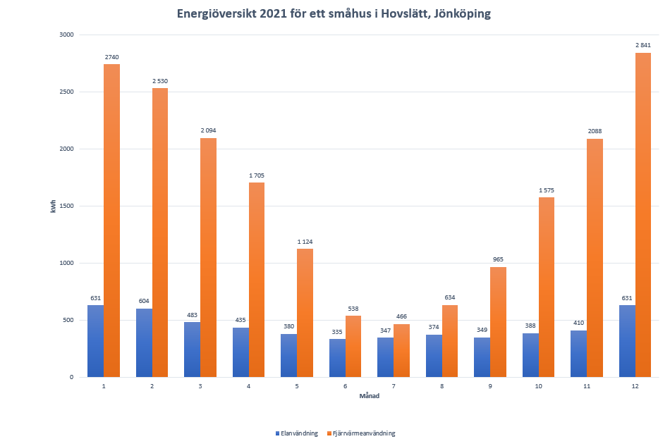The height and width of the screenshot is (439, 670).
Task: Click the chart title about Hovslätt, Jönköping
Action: pos(334,13)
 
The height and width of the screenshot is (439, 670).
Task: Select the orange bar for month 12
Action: pos(643,215)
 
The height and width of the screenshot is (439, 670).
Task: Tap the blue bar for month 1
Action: pos(95,341)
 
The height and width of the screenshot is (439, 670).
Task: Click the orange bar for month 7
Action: pos(401,350)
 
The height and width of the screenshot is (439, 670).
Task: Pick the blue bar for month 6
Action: pos(337,358)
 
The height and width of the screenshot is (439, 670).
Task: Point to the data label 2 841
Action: pos(643,45)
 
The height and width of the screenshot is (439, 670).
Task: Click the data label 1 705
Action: pos(256,175)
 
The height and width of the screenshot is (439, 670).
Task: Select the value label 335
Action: pos(337,331)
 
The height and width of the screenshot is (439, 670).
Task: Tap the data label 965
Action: pos(498,259)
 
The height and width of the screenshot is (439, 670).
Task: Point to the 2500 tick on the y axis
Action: pos(66,92)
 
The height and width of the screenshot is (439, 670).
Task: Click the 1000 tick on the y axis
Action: pos(66,263)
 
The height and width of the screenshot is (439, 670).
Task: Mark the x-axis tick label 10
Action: pos(538,386)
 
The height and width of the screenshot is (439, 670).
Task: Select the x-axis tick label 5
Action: pos(296,386)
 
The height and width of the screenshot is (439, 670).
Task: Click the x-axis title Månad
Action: pos(369,396)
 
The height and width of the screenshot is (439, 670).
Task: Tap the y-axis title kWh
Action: pos(54,206)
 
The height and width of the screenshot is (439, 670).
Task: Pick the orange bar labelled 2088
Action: pos(595,258)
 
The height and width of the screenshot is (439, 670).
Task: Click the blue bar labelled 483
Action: pos(192,350)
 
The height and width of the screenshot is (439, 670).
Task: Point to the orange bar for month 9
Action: pos(498,322)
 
